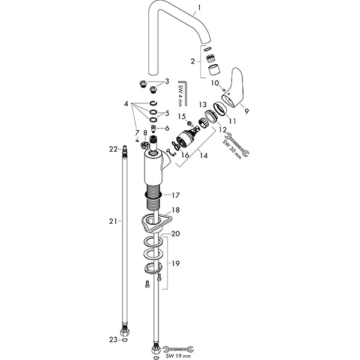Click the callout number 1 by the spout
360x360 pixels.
pos(200,8)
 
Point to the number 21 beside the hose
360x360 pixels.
pos(112,221)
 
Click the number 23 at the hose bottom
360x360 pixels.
pos(112,339)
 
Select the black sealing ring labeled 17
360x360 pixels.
pos(155,194)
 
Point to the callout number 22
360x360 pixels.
pos(112,149)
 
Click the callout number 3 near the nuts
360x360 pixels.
pos(167,80)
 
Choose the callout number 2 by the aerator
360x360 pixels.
pos(193,61)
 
